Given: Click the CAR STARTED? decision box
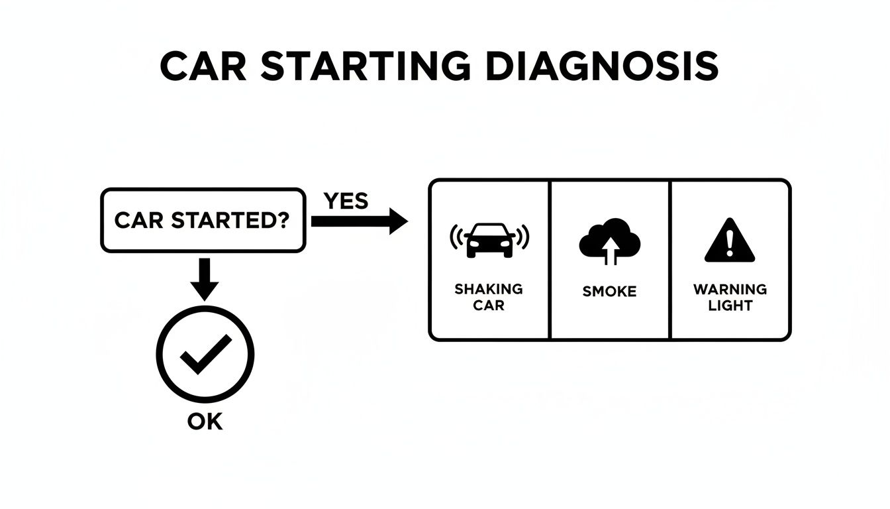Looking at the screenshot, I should pyautogui.click(x=203, y=221).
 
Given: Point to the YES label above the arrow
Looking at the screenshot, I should pyautogui.click(x=346, y=200).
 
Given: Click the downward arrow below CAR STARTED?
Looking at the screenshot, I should pyautogui.click(x=204, y=278).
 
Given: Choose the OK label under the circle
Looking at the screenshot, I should pyautogui.click(x=205, y=422).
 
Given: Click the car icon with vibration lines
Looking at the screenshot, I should pyautogui.click(x=490, y=239).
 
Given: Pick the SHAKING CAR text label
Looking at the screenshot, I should pyautogui.click(x=489, y=297).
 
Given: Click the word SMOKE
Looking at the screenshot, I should pyautogui.click(x=609, y=291).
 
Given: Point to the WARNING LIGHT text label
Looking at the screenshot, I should pyautogui.click(x=730, y=297).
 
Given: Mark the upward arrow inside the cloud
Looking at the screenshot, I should pyautogui.click(x=611, y=251).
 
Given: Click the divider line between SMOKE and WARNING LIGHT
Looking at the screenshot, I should pyautogui.click(x=671, y=260).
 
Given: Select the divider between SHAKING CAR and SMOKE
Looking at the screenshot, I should pyautogui.click(x=550, y=260).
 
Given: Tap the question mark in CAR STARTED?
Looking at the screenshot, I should pyautogui.click(x=283, y=221).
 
